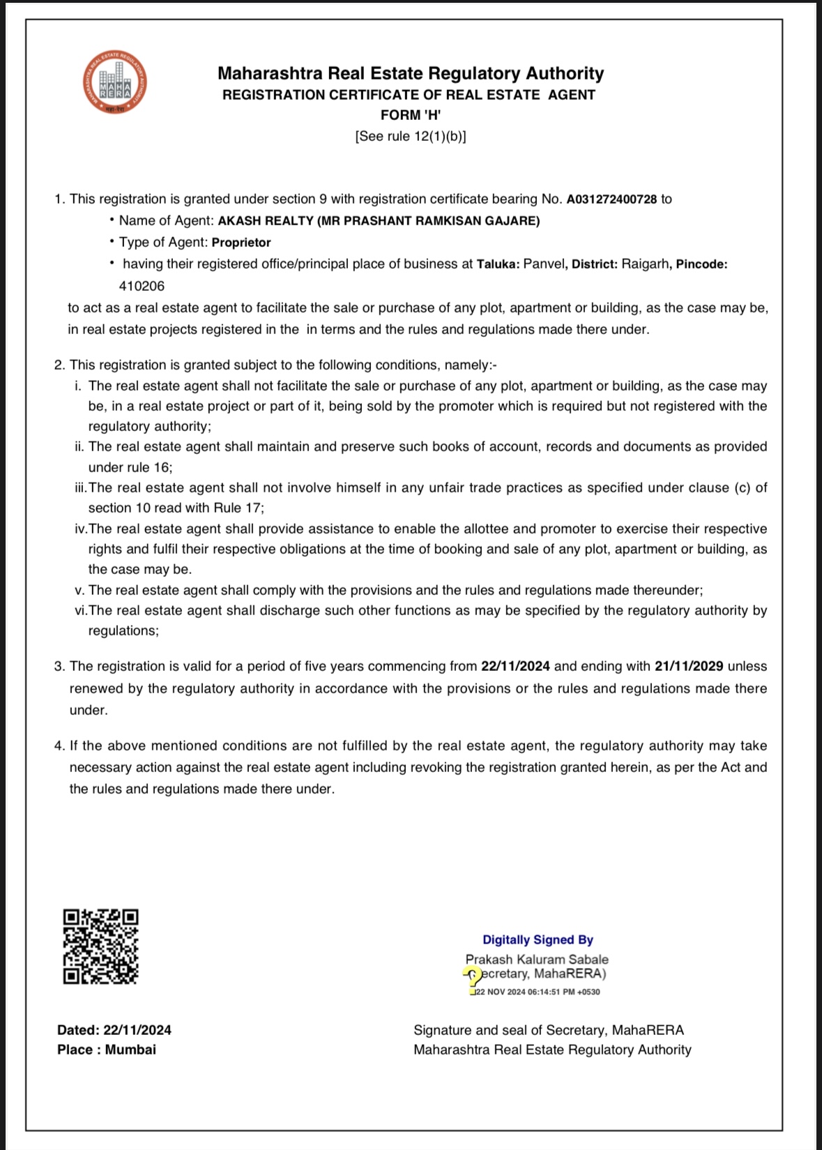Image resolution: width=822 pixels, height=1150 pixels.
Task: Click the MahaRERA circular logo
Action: click(114, 82)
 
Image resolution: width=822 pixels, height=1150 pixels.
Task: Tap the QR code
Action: click(100, 946)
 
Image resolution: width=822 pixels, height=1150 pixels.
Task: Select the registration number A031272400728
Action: click(611, 199)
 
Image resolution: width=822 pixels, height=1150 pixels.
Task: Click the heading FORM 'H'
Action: click(410, 115)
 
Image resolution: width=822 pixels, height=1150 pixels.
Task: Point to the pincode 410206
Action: click(142, 286)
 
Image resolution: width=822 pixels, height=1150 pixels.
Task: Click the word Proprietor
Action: click(241, 243)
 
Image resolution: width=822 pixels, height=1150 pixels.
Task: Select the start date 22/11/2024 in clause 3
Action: click(515, 667)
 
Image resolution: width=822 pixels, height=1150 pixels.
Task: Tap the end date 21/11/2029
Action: click(688, 667)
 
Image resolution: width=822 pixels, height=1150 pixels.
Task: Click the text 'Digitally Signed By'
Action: click(538, 940)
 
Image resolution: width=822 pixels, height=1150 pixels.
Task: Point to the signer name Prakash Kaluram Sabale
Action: click(537, 960)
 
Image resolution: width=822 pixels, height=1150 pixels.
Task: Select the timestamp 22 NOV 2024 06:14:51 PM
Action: click(537, 992)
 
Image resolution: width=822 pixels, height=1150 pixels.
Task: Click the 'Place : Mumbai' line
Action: click(107, 1050)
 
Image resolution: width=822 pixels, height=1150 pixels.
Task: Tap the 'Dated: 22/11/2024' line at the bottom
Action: click(114, 1030)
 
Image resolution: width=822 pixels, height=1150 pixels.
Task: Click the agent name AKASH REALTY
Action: click(266, 221)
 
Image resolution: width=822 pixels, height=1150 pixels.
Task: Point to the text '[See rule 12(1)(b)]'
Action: click(410, 137)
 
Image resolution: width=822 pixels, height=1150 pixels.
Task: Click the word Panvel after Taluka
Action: click(544, 264)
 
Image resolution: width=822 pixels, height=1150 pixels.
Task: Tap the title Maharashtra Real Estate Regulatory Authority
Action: click(410, 74)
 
